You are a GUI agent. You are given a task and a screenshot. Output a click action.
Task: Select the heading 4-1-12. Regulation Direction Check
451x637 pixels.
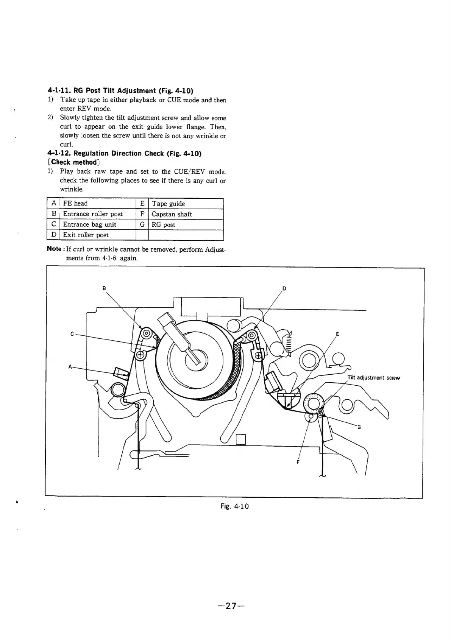(x=125, y=153)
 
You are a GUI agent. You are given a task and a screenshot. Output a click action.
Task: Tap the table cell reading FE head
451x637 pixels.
(x=75, y=204)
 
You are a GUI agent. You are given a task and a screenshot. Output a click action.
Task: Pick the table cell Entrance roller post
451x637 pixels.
(x=93, y=214)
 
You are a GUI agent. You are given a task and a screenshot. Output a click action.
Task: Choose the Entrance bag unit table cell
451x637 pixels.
(x=89, y=224)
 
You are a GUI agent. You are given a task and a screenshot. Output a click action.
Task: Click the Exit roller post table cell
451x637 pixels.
(x=86, y=235)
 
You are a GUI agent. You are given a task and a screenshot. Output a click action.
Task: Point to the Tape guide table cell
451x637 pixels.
(x=168, y=204)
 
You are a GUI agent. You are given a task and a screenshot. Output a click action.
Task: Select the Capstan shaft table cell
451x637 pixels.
(x=172, y=214)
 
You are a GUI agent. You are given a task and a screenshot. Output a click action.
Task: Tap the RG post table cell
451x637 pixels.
(x=163, y=225)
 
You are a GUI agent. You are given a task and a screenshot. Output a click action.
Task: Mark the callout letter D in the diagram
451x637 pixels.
(x=284, y=289)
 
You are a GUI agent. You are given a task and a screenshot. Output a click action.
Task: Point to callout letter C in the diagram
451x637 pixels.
(x=72, y=334)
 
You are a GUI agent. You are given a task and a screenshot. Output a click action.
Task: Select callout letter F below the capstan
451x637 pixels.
(x=298, y=462)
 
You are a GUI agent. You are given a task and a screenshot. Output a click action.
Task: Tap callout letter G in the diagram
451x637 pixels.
(x=359, y=427)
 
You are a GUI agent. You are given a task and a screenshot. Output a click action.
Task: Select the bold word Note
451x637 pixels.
(x=54, y=249)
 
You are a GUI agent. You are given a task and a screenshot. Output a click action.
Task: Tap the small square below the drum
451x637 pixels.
(x=241, y=439)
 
